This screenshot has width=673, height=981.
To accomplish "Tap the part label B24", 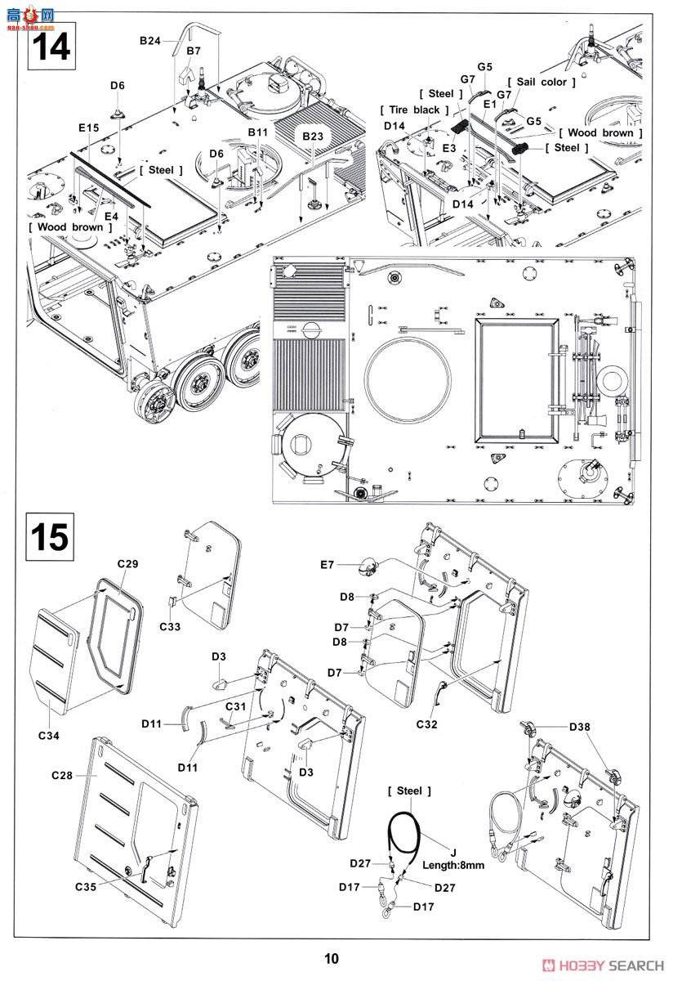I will click(x=150, y=40).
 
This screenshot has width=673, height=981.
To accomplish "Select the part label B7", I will click(x=193, y=51).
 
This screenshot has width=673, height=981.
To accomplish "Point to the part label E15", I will click(x=89, y=128).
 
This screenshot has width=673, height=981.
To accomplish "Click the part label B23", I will click(x=312, y=137).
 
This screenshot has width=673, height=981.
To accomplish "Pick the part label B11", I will click(x=258, y=132).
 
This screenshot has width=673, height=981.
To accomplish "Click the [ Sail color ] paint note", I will click(x=542, y=82).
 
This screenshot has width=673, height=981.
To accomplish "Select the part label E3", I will click(x=449, y=148).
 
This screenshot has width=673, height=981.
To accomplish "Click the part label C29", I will click(x=127, y=564).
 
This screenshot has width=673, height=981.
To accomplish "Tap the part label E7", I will click(x=327, y=565).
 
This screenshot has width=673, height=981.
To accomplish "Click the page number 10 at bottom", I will click(x=330, y=959).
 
